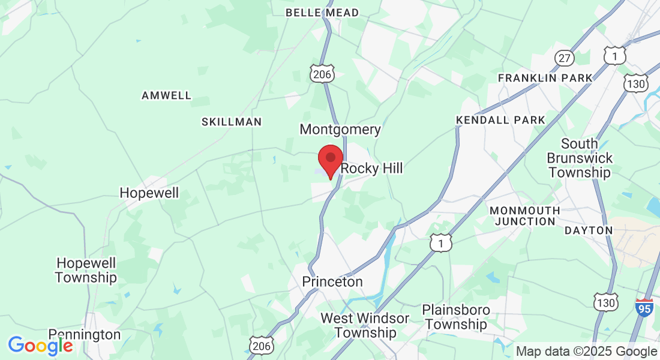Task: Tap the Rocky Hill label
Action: click(x=371, y=169)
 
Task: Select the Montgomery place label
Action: click(x=340, y=129)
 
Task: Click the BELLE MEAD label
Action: click(x=322, y=13)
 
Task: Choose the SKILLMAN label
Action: click(x=231, y=122)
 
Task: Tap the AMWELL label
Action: click(x=166, y=95)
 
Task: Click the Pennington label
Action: click(x=84, y=334)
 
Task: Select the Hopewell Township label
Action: click(x=86, y=270)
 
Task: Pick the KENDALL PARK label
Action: click(x=500, y=120)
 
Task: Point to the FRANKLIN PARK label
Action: click(x=545, y=78)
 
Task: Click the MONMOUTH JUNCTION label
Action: click(x=524, y=216)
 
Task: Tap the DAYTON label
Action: click(x=588, y=230)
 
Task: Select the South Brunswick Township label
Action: click(x=580, y=158)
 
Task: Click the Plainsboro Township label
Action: click(x=455, y=317)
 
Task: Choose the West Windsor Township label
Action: click(x=365, y=325)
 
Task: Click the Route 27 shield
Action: click(x=565, y=58)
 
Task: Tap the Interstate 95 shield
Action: click(x=644, y=308)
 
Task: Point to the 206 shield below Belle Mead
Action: click(x=322, y=74)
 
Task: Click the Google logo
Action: click(x=40, y=346)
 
